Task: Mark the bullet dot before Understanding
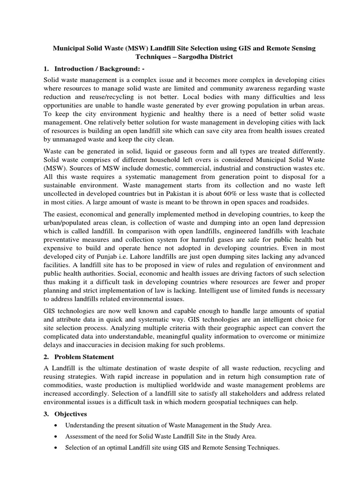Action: (x=56, y=426)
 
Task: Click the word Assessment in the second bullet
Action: (x=81, y=436)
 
